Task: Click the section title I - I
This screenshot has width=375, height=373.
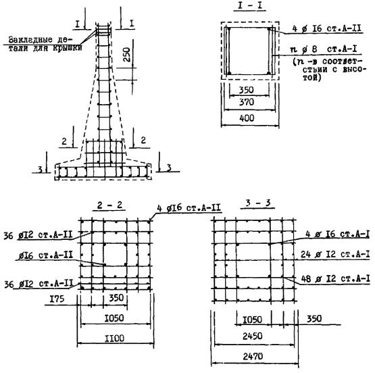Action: pyautogui.click(x=249, y=5)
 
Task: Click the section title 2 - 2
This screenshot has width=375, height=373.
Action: pyautogui.click(x=109, y=205)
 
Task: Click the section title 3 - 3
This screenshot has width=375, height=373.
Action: pyautogui.click(x=258, y=203)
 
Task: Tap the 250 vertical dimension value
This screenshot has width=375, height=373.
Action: pyautogui.click(x=127, y=55)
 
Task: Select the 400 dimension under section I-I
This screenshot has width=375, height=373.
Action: pyautogui.click(x=247, y=118)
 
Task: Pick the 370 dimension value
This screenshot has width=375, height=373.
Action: pyautogui.click(x=247, y=102)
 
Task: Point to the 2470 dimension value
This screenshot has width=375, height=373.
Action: pyautogui.click(x=253, y=357)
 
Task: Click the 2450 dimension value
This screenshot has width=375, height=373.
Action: pyautogui.click(x=253, y=337)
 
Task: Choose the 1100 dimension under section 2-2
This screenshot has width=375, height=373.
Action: pyautogui.click(x=115, y=339)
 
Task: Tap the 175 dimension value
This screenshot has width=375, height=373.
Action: pyautogui.click(x=57, y=299)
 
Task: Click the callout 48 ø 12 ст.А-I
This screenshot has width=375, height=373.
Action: pyautogui.click(x=335, y=279)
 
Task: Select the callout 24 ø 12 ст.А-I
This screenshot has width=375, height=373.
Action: pyautogui.click(x=335, y=254)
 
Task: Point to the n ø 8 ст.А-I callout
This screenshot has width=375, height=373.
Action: pyautogui.click(x=323, y=49)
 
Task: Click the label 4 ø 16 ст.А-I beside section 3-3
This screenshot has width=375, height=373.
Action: pyautogui.click(x=337, y=234)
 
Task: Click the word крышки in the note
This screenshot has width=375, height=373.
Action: pyautogui.click(x=68, y=48)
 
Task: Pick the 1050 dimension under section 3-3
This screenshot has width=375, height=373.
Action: pyautogui.click(x=253, y=320)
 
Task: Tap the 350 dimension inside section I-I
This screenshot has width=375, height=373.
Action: pyautogui.click(x=247, y=90)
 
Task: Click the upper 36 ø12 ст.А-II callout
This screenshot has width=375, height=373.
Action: pyautogui.click(x=38, y=235)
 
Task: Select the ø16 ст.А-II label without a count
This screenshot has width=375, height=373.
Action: pyautogui.click(x=45, y=256)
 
